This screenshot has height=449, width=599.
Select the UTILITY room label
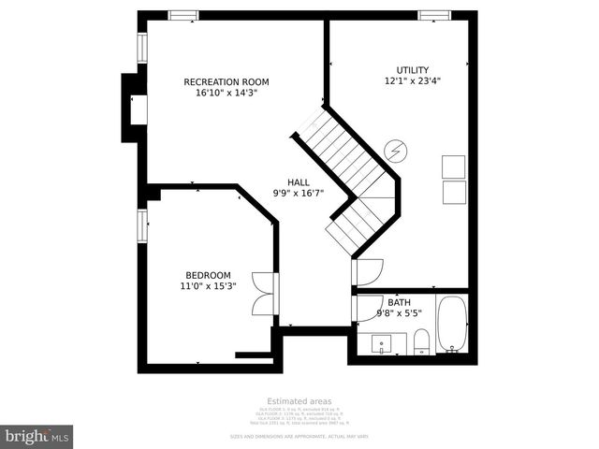[x=412, y=70]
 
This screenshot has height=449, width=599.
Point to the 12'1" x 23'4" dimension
[x=412, y=81]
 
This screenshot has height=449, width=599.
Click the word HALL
[x=299, y=182]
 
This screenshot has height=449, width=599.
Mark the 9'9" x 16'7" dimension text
[x=299, y=194]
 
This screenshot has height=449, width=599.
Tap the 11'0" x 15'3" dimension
[x=208, y=286]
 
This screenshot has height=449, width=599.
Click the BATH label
[x=399, y=302]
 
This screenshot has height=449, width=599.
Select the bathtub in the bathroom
[x=451, y=326]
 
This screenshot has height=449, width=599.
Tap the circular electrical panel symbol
[x=396, y=150]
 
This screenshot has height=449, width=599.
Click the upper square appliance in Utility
[x=454, y=167]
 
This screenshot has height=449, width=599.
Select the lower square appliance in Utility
[x=454, y=193]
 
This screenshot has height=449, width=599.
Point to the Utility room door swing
[x=366, y=271]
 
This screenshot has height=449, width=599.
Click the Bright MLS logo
[x=37, y=436]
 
